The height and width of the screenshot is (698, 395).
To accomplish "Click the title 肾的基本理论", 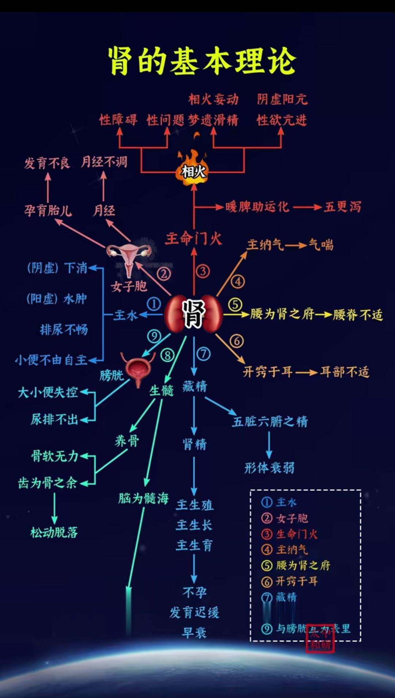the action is (202, 61).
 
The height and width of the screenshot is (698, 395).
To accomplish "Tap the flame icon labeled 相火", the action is (193, 168).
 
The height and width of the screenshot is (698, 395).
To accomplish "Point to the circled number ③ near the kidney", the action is (203, 271).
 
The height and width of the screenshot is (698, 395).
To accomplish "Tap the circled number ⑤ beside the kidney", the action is (235, 304).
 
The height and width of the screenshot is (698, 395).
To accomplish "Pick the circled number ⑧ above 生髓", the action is (167, 355).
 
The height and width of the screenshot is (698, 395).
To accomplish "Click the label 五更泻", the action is (342, 207).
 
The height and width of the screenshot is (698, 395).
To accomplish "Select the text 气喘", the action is (321, 244).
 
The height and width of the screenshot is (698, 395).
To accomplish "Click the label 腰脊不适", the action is (357, 315).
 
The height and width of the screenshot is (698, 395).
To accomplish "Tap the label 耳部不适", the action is (345, 372).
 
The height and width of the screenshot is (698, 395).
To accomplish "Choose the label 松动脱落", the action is (54, 532).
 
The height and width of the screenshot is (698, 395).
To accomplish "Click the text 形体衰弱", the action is (269, 468).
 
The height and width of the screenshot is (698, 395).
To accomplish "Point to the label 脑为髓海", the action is (143, 498).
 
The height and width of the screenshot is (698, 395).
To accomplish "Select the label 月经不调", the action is (104, 162).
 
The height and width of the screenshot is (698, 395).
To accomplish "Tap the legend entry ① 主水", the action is (279, 502).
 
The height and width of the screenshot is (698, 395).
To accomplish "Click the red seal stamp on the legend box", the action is (320, 638).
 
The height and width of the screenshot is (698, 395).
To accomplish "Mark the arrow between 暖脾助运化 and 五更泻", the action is (307, 207).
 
